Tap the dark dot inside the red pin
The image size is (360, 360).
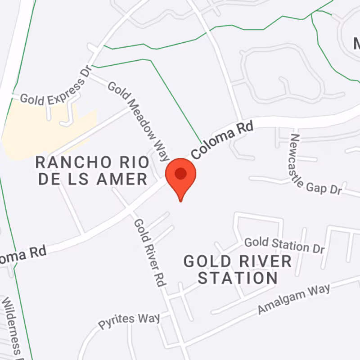pyautogui.click(x=181, y=173)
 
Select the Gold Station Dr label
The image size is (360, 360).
pyautogui.click(x=283, y=244)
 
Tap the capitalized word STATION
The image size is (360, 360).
pyautogui.click(x=237, y=278)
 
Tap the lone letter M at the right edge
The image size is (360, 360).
pyautogui.click(x=356, y=44)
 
